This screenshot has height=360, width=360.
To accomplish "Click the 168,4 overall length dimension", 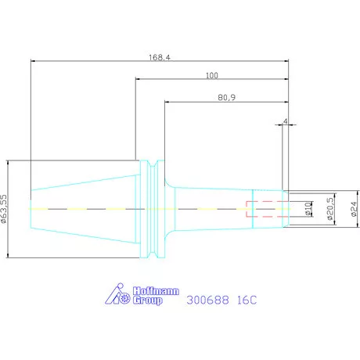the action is (x=160, y=57).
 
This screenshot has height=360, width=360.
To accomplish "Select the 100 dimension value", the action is (x=212, y=76).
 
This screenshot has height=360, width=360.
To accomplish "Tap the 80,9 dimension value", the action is (x=226, y=98).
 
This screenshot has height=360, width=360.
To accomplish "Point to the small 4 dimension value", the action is (x=286, y=121).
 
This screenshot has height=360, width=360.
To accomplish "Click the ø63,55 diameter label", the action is (x=4, y=209).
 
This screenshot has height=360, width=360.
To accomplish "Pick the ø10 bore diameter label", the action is (x=308, y=209).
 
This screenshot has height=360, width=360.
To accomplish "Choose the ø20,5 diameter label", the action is (x=330, y=209).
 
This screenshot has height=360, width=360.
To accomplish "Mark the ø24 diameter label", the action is (x=354, y=209).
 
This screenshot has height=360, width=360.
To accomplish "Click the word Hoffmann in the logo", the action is (x=156, y=291).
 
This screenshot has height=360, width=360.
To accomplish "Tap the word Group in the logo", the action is (x=148, y=301).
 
